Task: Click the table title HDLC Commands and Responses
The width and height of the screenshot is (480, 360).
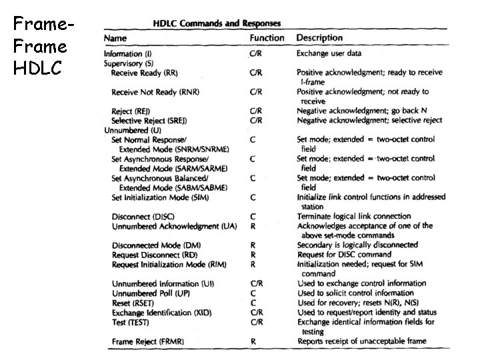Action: pos(217,23)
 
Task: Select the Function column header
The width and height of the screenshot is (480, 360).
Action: pos(267,39)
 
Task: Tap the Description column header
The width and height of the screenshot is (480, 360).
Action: pos(319,39)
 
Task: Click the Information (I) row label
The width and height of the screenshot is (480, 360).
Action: pos(133,53)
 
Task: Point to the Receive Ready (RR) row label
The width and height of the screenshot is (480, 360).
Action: pos(144,72)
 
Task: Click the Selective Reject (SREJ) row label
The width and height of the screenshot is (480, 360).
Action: pos(149,121)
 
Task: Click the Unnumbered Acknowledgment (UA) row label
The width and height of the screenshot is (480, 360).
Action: pos(175,227)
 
